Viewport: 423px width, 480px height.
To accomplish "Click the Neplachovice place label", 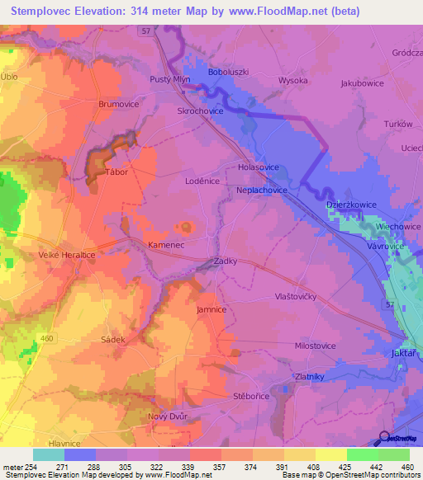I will click(x=261, y=190).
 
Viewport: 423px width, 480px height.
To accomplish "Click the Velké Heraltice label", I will click(x=66, y=256).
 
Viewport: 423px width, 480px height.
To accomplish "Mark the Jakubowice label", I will click(x=364, y=83).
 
